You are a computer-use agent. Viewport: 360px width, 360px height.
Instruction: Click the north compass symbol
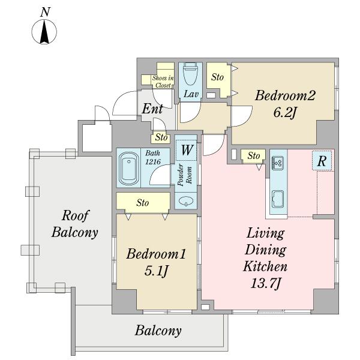(44, 31)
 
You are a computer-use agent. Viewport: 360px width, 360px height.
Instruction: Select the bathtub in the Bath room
(128, 168)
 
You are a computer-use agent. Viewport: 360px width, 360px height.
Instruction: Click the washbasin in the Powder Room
(185, 201)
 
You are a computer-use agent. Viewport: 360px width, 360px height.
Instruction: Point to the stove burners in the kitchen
(278, 161)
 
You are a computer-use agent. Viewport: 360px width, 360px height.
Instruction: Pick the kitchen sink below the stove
(278, 199)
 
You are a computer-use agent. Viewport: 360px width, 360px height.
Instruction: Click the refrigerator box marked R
(322, 160)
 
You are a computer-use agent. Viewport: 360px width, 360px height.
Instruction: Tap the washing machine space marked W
(186, 150)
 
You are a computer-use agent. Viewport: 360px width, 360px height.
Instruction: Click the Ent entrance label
(152, 109)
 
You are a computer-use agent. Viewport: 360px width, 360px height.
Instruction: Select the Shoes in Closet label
(163, 82)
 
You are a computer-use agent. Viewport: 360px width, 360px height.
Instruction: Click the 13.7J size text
(265, 283)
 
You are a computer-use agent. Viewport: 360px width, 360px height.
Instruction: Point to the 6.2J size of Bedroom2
(284, 113)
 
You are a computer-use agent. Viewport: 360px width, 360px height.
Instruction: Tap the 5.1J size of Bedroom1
(157, 271)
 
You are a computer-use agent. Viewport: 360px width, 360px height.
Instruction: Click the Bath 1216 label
(152, 157)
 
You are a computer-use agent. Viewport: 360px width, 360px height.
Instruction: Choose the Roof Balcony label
(75, 224)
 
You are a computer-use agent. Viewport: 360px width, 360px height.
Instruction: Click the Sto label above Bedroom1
(143, 203)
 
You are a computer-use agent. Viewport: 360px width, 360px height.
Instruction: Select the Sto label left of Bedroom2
(217, 77)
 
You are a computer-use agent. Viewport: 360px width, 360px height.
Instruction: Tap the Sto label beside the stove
(254, 156)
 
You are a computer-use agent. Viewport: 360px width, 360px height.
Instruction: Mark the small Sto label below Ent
(161, 137)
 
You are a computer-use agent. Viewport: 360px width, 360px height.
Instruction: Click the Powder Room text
(185, 175)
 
